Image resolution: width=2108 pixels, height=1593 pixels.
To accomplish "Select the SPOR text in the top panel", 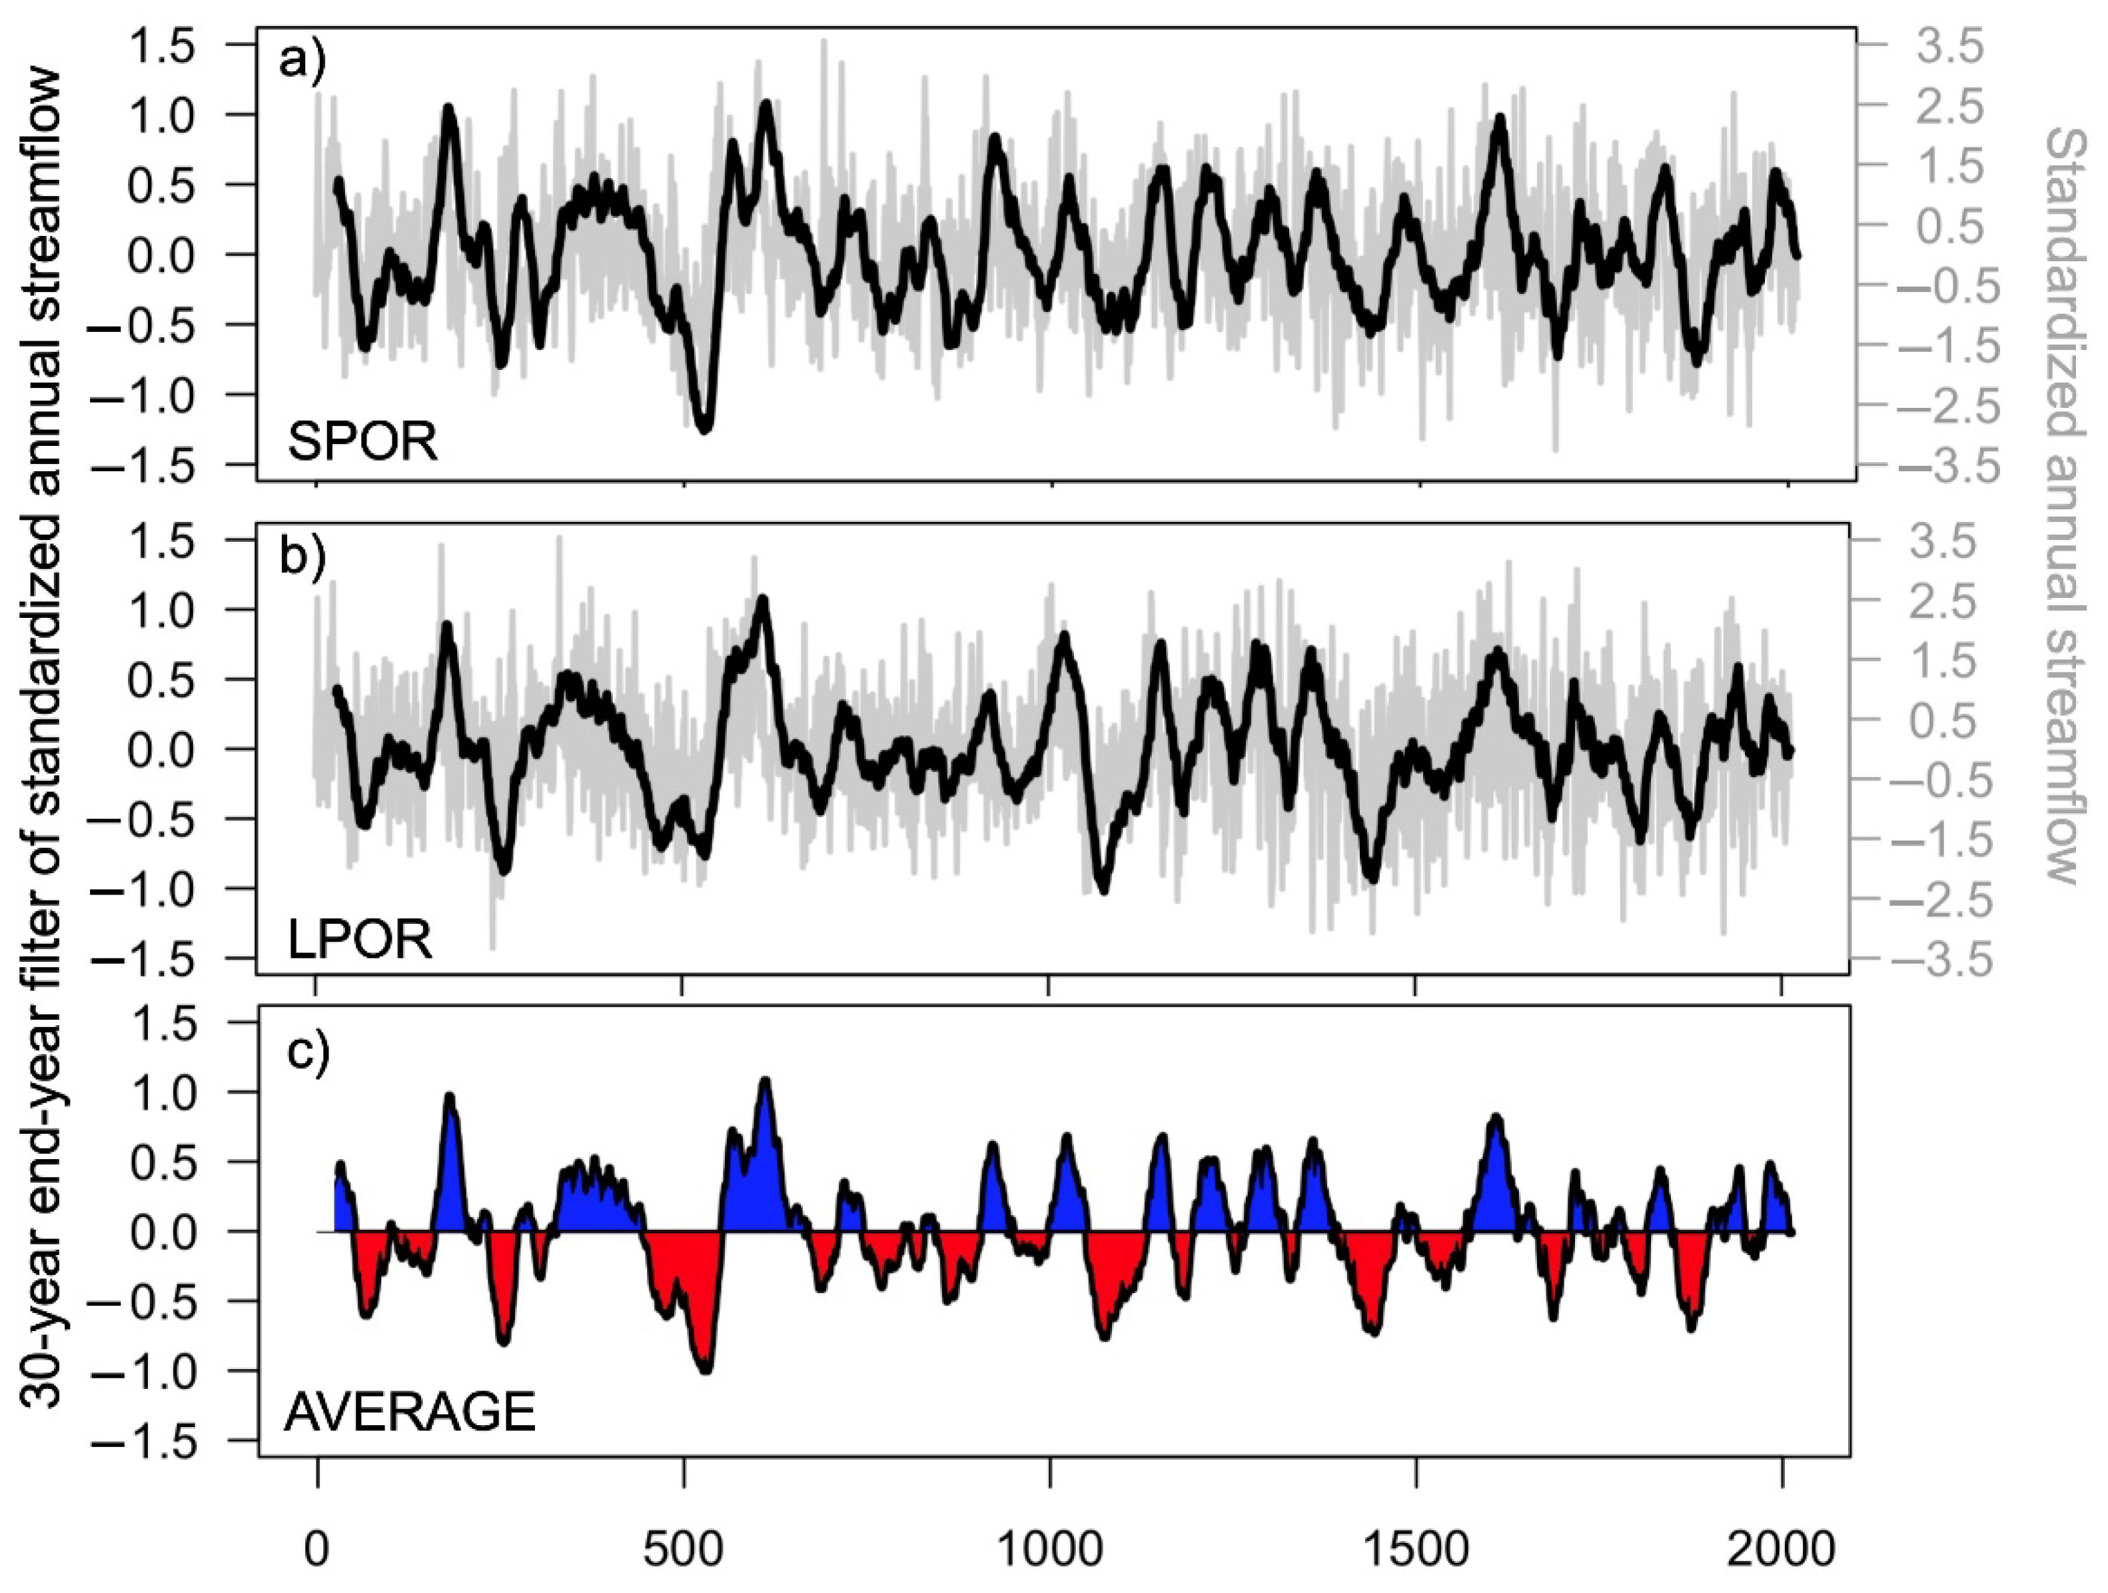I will click(x=362, y=443).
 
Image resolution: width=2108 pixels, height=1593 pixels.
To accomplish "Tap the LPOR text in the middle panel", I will click(x=359, y=940).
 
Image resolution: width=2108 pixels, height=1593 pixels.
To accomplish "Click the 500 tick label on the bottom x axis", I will click(x=682, y=1550).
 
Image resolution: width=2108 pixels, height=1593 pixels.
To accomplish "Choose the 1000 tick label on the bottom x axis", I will click(x=1048, y=1550).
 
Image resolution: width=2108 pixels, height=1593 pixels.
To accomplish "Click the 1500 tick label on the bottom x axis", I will click(x=1415, y=1550).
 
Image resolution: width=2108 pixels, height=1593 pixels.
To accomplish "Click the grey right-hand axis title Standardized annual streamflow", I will click(x=2064, y=505).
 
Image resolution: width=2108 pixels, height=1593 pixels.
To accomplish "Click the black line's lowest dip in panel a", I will click(x=705, y=430).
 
